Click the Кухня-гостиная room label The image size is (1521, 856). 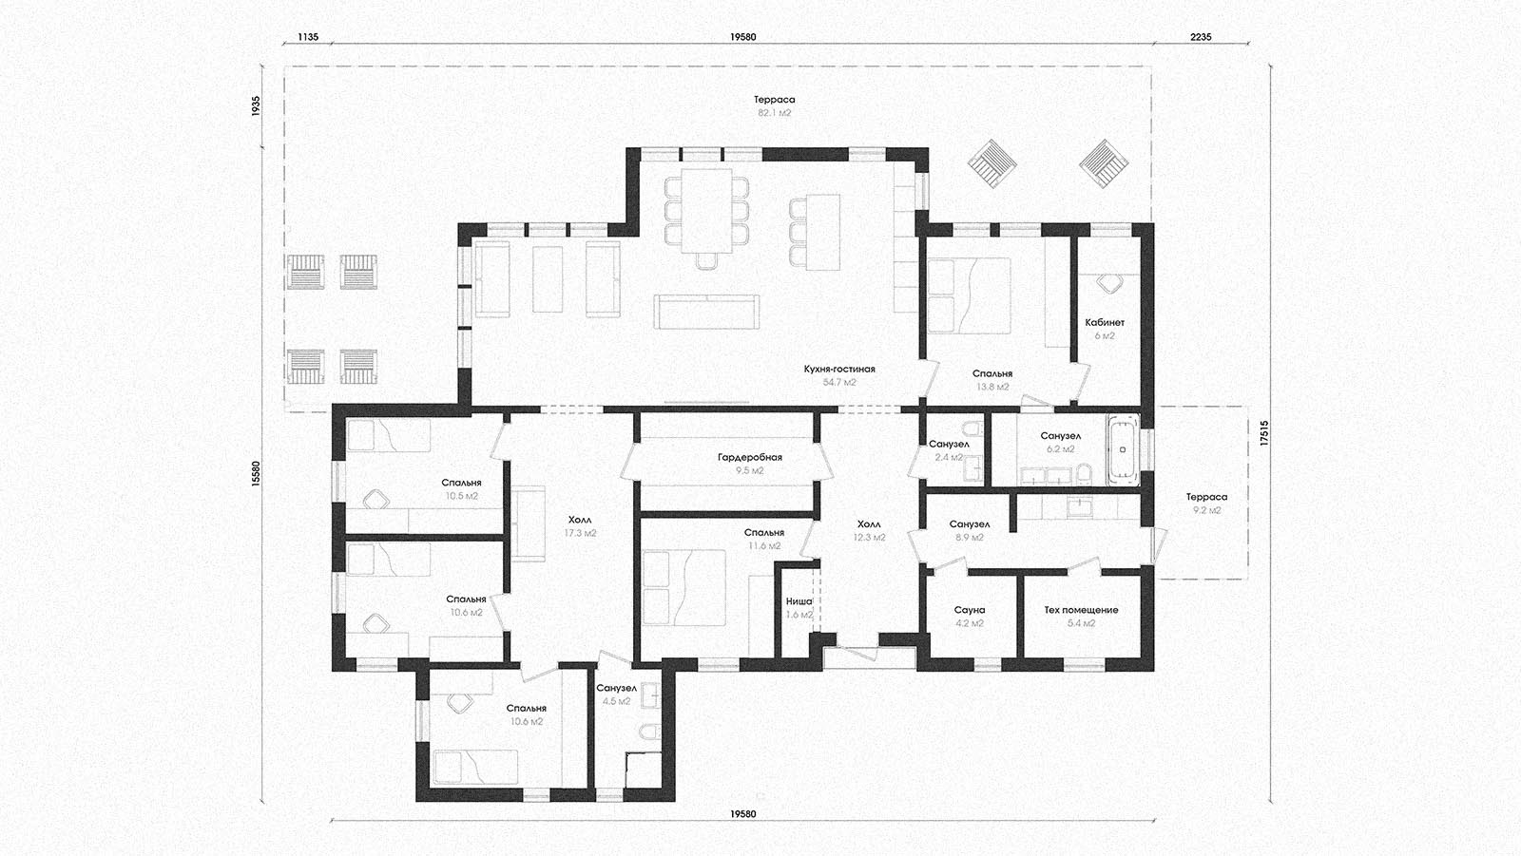839,370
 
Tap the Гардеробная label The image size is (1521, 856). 750,458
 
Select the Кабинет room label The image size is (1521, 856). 1105,322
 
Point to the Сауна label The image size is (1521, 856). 969,610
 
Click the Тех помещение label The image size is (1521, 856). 1081,610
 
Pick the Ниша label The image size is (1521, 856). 799,601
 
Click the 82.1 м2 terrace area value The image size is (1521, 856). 775,113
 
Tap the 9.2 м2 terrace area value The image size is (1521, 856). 1206,510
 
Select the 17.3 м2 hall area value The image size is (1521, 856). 580,534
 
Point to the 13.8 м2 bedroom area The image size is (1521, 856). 992,387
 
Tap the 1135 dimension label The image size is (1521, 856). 308,37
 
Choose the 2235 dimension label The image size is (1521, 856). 1201,37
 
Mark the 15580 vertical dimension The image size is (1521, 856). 256,474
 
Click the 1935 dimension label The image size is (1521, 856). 256,105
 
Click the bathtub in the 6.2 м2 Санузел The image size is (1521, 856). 1123,449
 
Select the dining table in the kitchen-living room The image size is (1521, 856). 706,209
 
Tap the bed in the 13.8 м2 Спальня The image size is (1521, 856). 969,295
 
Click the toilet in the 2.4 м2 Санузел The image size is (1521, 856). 973,428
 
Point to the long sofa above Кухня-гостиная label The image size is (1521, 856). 706,312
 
